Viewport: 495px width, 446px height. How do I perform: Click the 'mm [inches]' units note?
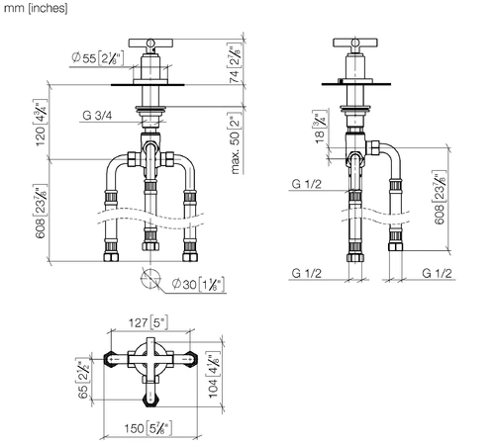coord(36,8)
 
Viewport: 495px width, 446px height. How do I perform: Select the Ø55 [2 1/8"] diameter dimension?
coord(98,58)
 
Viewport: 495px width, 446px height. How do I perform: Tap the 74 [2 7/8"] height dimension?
coord(235,62)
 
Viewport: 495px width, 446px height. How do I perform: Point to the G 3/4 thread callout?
coord(97,116)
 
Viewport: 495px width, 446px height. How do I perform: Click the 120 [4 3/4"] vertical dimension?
coord(41,123)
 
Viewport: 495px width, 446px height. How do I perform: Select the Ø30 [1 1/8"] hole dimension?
coord(199,284)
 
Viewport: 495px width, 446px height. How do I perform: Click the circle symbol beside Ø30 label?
coord(150,279)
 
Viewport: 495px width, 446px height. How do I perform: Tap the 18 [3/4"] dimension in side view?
coord(320,127)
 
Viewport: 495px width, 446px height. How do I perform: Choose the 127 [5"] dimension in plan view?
coord(148,322)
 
